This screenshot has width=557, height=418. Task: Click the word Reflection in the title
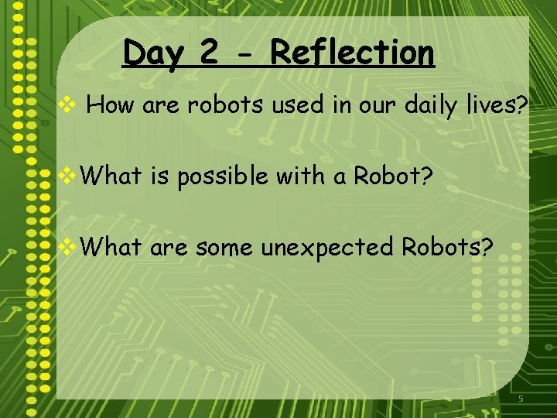pos(352,53)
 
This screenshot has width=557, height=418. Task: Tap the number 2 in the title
pos(208,53)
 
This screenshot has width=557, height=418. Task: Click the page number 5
pos(521,398)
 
